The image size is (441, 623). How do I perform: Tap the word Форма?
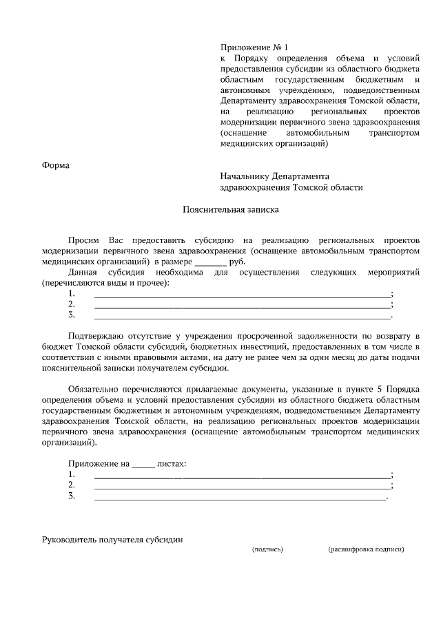pos(56,165)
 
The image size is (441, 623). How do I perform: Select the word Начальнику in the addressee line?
pos(245,176)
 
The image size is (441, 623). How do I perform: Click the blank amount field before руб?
pos(210,262)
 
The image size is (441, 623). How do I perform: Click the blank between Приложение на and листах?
pos(143,465)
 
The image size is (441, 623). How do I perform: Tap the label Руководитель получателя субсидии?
pos(112,540)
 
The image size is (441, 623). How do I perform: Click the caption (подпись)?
pos(268,549)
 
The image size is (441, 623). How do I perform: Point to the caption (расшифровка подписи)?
pos(366,549)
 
